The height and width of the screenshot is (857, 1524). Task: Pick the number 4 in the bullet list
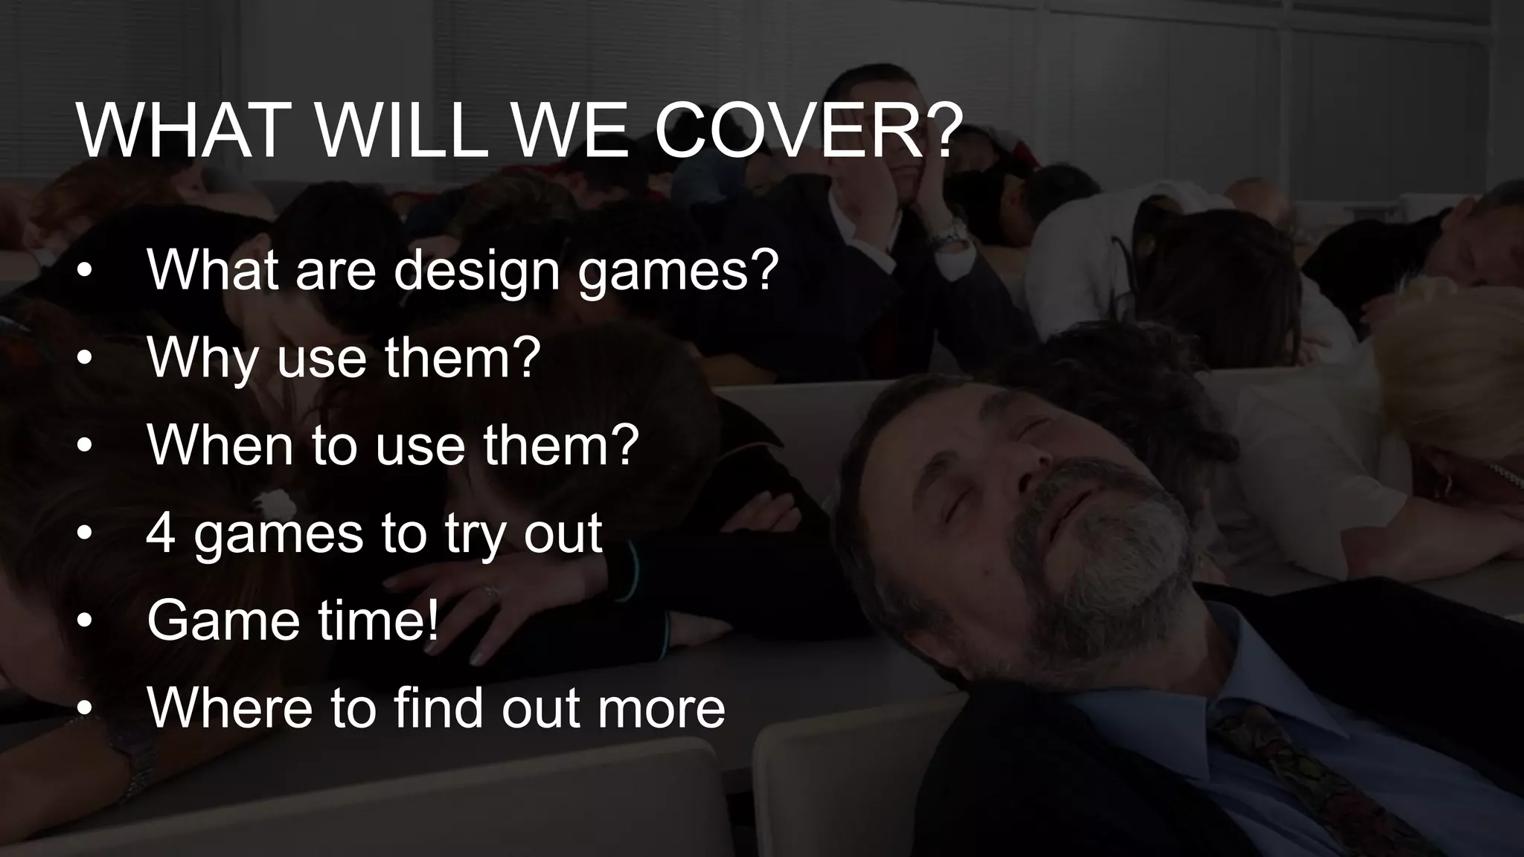(161, 533)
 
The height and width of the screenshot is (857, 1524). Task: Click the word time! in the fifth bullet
(379, 620)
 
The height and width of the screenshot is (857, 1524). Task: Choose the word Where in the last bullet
(230, 707)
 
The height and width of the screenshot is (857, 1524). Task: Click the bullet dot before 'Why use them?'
(85, 359)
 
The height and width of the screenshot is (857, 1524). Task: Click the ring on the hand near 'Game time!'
(492, 591)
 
